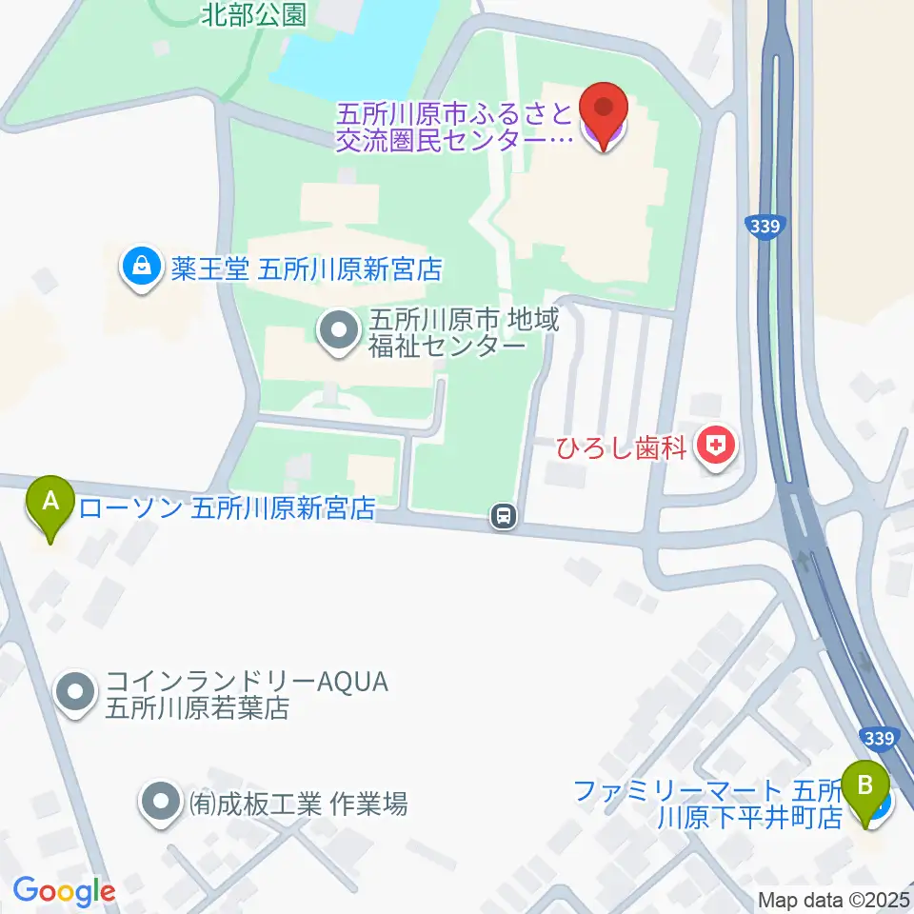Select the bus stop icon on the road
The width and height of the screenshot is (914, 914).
tap(503, 517)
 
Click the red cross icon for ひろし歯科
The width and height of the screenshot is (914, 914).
tap(715, 447)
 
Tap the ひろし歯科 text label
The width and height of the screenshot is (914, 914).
tap(621, 447)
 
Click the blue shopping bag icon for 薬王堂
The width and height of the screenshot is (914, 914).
tap(141, 268)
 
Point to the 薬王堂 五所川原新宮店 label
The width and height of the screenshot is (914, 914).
tap(308, 269)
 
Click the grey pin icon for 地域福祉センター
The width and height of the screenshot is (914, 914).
tap(336, 332)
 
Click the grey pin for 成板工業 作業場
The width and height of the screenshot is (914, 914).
tap(159, 803)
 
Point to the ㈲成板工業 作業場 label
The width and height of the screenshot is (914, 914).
tap(297, 804)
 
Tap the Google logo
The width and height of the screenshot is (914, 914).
tap(64, 891)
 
